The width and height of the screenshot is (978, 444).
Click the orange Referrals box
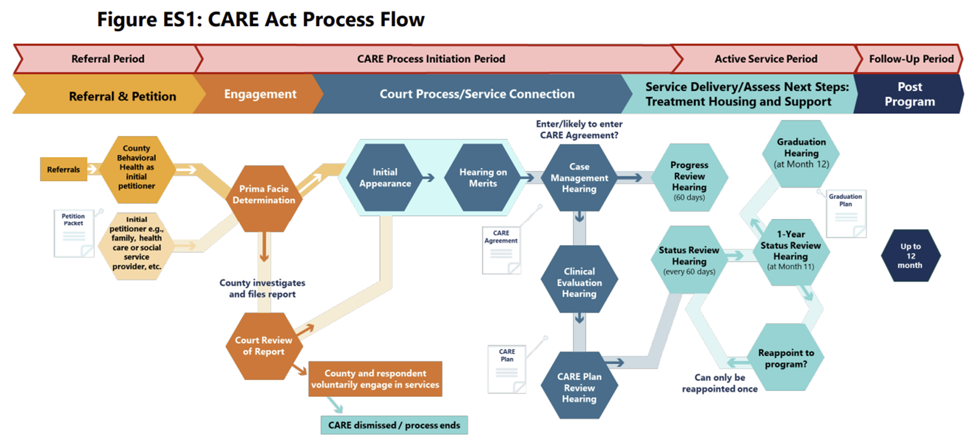[64, 170]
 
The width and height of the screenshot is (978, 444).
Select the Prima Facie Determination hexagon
[264, 195]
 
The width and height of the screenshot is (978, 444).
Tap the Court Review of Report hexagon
[263, 346]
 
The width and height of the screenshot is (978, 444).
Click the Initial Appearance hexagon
[385, 178]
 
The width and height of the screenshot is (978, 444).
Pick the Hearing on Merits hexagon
[483, 178]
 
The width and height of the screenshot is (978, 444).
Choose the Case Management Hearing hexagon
[579, 178]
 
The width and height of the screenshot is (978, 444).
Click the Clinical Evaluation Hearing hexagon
[579, 282]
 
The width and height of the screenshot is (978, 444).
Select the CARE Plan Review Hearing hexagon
[579, 387]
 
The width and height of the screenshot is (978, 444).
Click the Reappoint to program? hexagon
[786, 359]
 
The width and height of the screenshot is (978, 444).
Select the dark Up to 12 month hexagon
[910, 256]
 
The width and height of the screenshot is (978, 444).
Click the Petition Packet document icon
[74, 234]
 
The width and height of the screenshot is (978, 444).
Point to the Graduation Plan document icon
[846, 214]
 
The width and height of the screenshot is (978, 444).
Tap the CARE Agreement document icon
[501, 251]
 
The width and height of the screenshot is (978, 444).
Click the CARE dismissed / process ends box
[394, 426]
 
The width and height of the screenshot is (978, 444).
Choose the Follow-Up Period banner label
[911, 59]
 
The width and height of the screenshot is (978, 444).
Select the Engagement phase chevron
[260, 94]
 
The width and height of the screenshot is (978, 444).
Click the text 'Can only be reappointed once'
[719, 383]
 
